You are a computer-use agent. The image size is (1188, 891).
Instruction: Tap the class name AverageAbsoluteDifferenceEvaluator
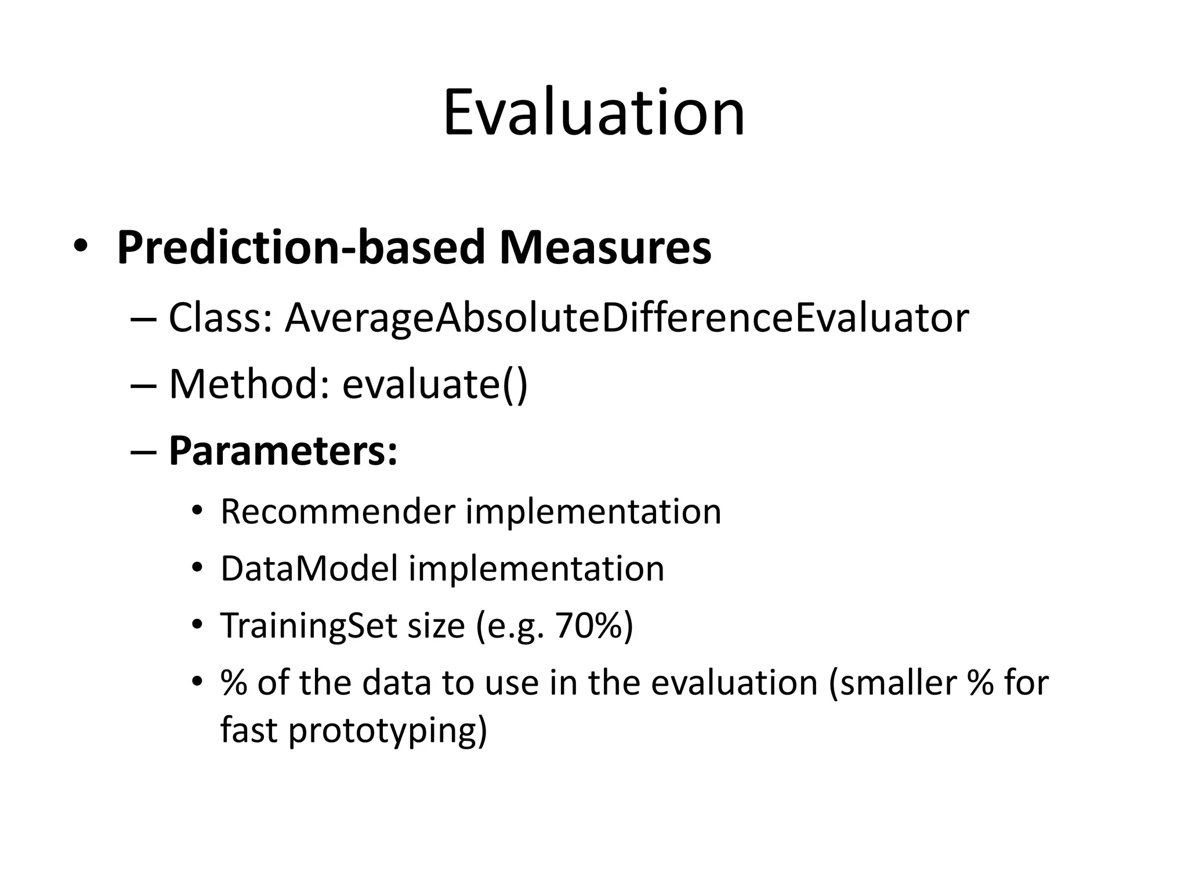[626, 318]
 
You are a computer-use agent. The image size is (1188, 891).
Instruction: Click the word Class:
[220, 318]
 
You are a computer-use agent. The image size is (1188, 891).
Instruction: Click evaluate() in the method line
[434, 384]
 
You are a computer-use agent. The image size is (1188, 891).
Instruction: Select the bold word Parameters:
[283, 451]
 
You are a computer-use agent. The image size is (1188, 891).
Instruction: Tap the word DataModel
[309, 568]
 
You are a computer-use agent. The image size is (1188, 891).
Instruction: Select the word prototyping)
[387, 730]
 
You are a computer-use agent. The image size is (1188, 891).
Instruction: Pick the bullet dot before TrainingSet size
[197, 625]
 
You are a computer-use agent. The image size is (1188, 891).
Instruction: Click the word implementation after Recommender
[593, 512]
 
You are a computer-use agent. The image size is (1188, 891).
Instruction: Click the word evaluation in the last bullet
[734, 683]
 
